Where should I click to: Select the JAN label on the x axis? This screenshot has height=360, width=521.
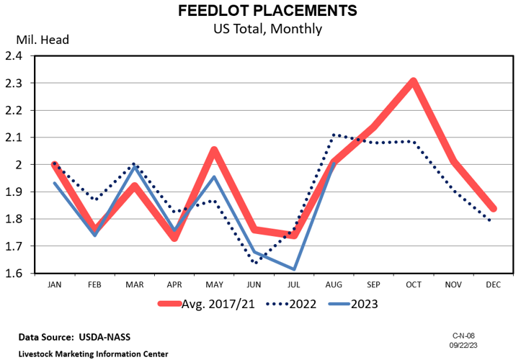click(x=54, y=284)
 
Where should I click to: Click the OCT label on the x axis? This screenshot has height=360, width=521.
click(x=413, y=284)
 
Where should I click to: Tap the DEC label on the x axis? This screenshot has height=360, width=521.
click(x=493, y=284)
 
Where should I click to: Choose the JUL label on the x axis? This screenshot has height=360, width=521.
click(x=293, y=284)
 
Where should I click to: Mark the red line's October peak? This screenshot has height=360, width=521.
click(x=413, y=81)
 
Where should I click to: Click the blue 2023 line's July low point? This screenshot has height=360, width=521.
click(x=293, y=269)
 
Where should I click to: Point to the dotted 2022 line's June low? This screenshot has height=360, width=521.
click(x=254, y=263)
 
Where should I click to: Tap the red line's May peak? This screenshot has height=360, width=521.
click(x=214, y=150)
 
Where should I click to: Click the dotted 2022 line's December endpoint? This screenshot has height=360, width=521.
click(x=491, y=221)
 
